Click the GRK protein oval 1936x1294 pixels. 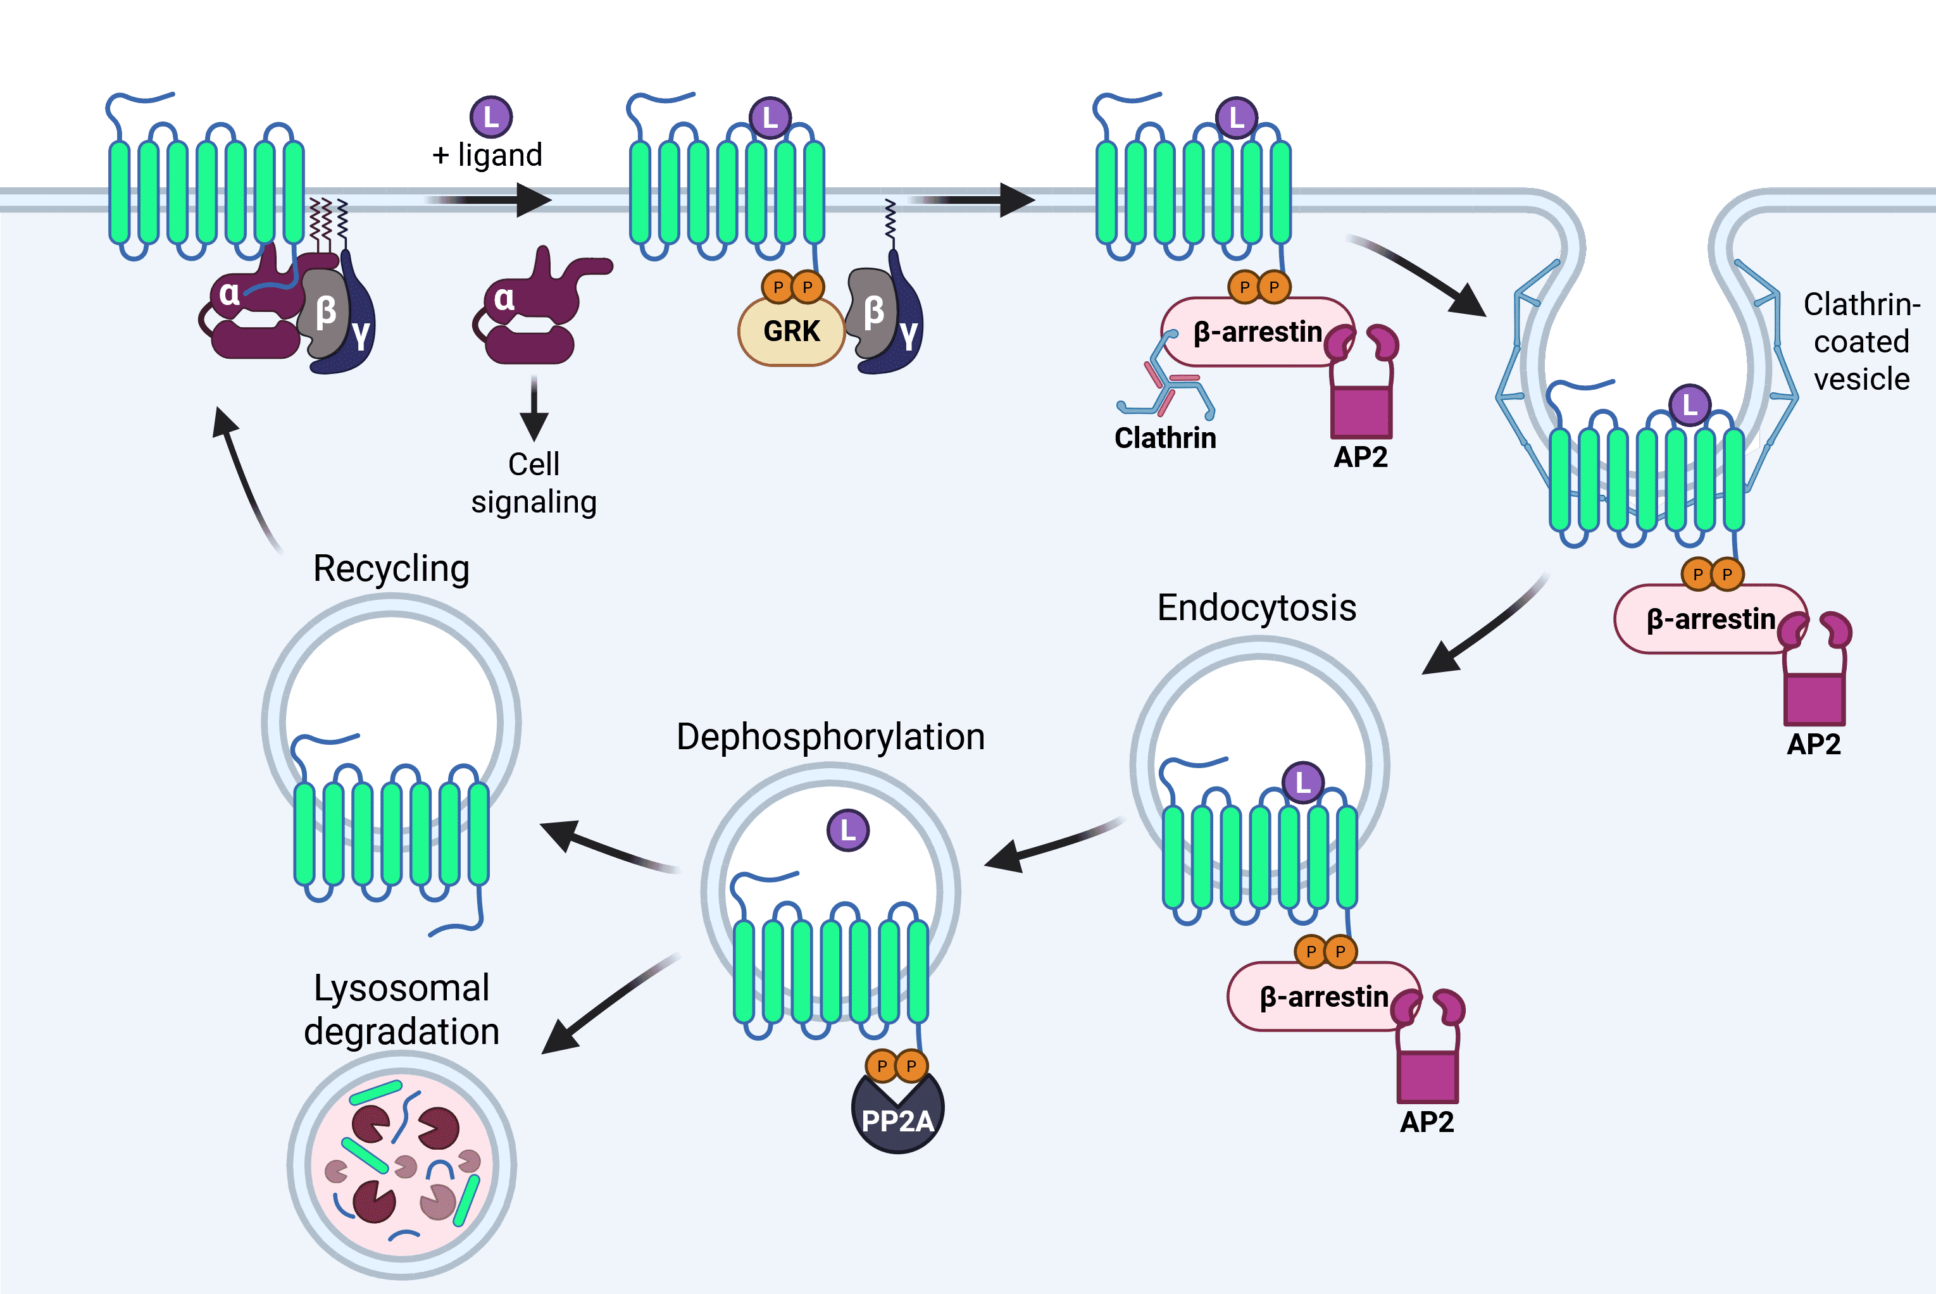pos(790,331)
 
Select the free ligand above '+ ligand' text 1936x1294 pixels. pos(491,116)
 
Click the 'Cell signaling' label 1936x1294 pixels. pos(534,483)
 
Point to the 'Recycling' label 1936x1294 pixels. pos(391,569)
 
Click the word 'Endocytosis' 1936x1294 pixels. pos(1256,608)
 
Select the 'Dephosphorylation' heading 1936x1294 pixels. pos(830,737)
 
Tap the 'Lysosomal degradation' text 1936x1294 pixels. pos(401,1009)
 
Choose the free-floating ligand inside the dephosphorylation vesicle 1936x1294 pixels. pos(847,830)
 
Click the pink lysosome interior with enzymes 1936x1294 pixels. pos(402,1164)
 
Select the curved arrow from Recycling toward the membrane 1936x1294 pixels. pos(244,478)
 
